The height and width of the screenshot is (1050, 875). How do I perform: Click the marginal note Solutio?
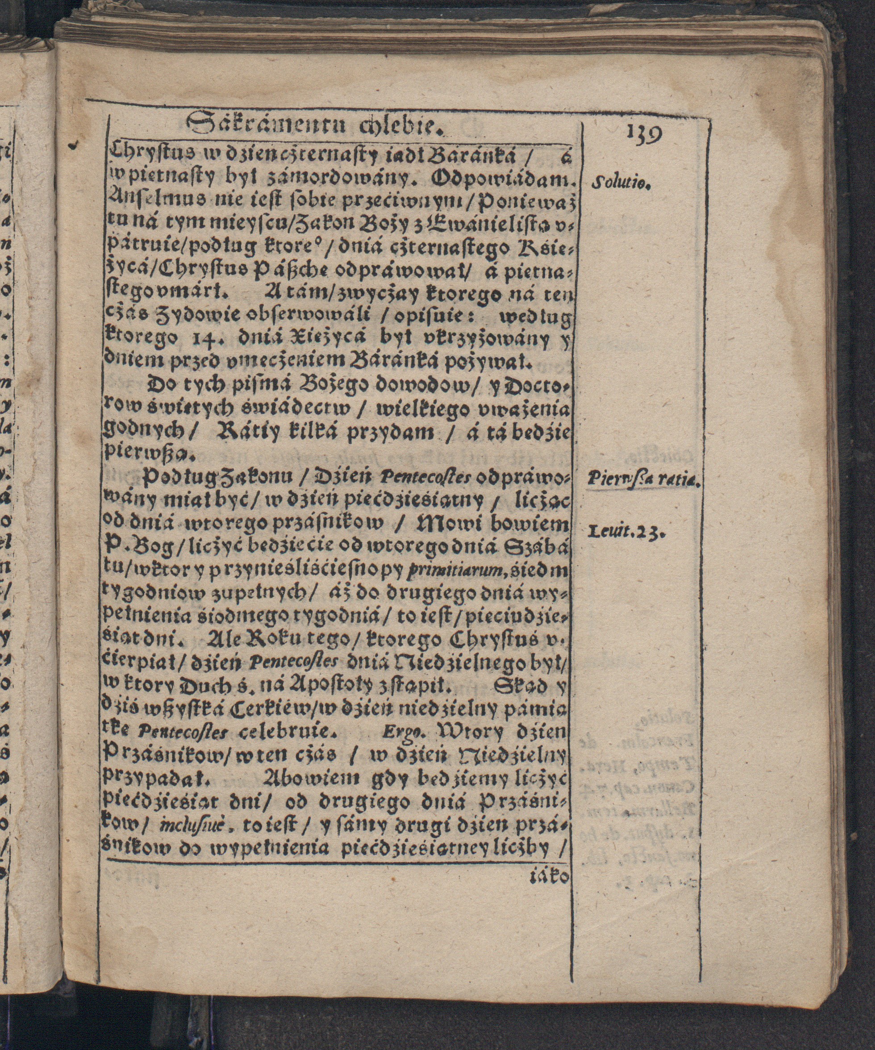[620, 184]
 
